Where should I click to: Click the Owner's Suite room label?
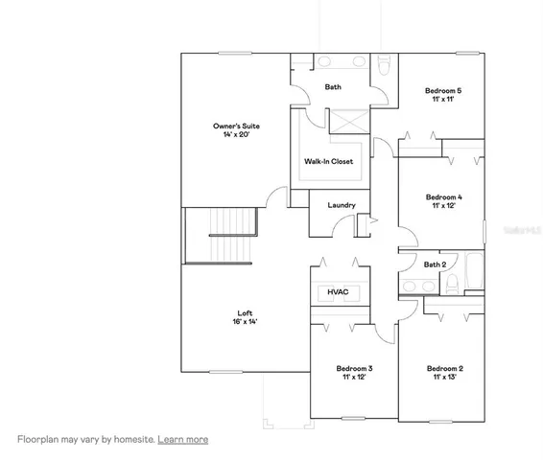[x=236, y=126]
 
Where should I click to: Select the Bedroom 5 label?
[x=443, y=91]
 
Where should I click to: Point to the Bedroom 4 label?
[x=444, y=197]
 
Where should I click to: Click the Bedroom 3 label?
[x=354, y=368]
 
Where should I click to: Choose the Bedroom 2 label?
[x=444, y=368]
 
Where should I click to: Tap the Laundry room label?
[x=342, y=205]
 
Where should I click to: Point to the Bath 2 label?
[x=435, y=264]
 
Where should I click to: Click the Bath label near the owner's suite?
[x=333, y=87]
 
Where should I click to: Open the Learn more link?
[x=183, y=439]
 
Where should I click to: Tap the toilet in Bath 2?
[x=452, y=284]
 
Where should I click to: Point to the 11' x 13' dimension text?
[x=444, y=378]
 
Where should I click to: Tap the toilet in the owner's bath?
[x=383, y=65]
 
